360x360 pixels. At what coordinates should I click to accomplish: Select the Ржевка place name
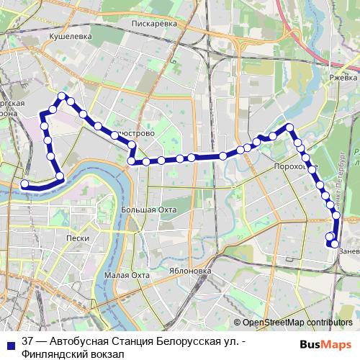point(343,77)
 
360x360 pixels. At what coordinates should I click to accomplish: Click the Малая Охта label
point(126,275)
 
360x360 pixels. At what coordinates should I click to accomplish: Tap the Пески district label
point(76,238)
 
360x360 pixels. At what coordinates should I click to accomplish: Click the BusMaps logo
point(327,343)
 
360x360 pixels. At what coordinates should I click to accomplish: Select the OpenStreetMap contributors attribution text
point(297,323)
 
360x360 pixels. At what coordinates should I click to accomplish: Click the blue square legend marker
point(12,343)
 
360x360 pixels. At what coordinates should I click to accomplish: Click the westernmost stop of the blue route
point(24,184)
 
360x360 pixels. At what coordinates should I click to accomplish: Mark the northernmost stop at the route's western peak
point(63,96)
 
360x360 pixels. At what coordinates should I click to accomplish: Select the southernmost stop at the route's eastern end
point(334,244)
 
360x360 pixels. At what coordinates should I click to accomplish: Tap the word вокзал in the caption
point(106,354)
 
